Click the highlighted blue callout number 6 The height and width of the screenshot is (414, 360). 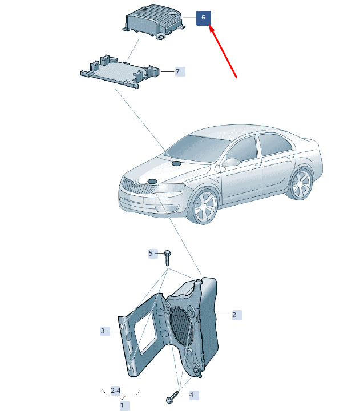point(203,18)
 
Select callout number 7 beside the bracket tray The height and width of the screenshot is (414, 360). point(180,71)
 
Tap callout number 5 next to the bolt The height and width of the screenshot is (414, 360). point(153,254)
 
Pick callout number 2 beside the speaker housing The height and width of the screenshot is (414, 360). point(237,315)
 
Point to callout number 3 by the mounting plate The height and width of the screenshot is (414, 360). point(105,331)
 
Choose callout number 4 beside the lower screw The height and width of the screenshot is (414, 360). point(194,395)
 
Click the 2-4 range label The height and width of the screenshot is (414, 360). point(115,391)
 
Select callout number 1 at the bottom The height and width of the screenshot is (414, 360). point(124,405)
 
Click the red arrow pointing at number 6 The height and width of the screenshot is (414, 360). point(223,51)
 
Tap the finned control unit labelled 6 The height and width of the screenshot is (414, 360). point(153,22)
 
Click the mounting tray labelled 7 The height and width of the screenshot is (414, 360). point(120,72)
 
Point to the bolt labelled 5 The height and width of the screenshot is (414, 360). point(167,258)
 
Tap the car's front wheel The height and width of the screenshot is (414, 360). point(205,206)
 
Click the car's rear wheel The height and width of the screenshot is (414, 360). point(301,184)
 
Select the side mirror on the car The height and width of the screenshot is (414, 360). point(230,162)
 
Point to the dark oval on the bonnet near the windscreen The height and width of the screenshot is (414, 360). point(176,164)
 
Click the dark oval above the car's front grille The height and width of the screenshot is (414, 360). point(152,182)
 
